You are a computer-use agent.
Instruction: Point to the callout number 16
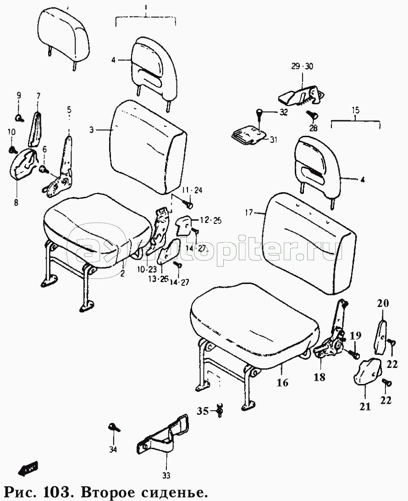[x=283, y=382]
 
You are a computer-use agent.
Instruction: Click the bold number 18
[x=320, y=377]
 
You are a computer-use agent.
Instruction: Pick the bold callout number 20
[x=383, y=303]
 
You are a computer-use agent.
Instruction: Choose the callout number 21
[x=365, y=406]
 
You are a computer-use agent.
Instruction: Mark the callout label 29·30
[x=302, y=67]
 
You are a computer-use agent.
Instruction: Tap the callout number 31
[x=274, y=139]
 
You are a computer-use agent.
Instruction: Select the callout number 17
[x=249, y=212]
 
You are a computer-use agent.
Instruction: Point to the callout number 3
[x=92, y=130]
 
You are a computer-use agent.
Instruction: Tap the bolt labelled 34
[x=113, y=428]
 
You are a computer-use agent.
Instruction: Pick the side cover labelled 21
[x=367, y=372]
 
